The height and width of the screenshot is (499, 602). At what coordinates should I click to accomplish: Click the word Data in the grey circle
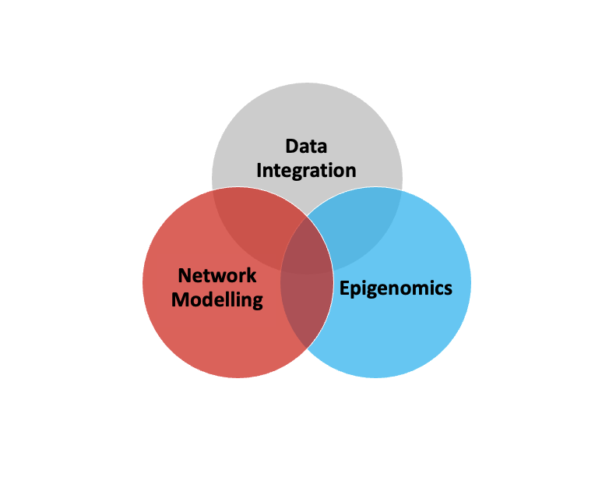[306, 147]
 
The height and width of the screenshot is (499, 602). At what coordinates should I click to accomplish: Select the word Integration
[306, 170]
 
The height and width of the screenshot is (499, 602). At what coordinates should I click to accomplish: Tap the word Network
[217, 275]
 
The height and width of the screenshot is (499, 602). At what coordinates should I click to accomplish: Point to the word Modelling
[217, 299]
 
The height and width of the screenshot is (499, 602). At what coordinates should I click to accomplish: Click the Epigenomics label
[396, 288]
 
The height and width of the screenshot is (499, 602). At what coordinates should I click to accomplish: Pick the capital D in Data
[291, 147]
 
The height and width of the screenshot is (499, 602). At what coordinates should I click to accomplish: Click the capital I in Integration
[260, 169]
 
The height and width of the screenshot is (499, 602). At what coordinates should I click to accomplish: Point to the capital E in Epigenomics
[343, 288]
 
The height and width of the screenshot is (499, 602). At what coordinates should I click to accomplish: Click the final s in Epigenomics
[448, 288]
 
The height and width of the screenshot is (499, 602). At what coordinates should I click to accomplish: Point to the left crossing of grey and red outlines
[213, 189]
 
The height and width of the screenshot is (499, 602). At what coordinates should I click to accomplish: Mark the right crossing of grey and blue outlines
[402, 189]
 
